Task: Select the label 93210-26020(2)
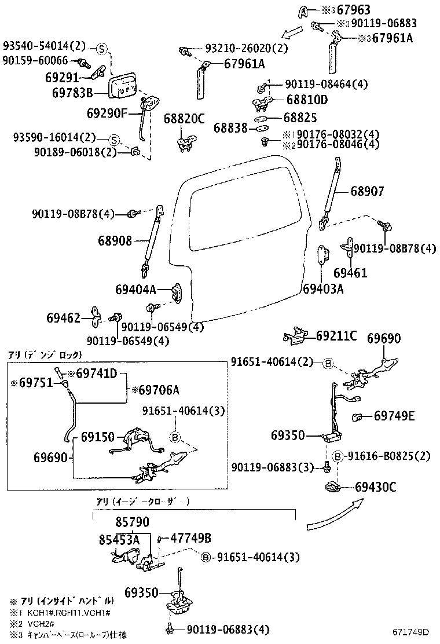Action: point(246,49)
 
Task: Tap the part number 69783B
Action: point(72,92)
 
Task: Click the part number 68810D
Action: point(307,100)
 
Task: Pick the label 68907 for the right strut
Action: point(366,191)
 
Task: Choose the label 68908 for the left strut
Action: point(115,240)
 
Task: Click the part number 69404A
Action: point(135,289)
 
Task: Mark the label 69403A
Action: point(323,288)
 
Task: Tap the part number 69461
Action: point(350,272)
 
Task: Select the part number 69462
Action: point(64,318)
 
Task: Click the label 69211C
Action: point(336,336)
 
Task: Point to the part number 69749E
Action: point(394,415)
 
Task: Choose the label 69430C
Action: point(375,487)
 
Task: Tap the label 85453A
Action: point(119,540)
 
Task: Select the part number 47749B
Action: point(190,538)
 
